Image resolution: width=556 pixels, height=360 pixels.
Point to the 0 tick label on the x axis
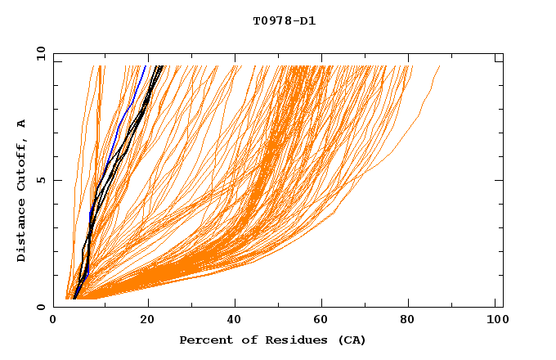click(x=53, y=320)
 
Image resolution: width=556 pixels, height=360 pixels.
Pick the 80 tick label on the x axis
click(x=410, y=320)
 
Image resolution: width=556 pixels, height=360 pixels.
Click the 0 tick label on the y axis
click(x=41, y=307)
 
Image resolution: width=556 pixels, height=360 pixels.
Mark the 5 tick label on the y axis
click(x=41, y=180)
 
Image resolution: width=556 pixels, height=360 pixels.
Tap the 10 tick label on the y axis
click(x=38, y=53)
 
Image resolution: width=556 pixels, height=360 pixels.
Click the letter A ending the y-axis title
click(x=22, y=124)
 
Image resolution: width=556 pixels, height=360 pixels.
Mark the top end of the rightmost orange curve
click(x=440, y=66)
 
